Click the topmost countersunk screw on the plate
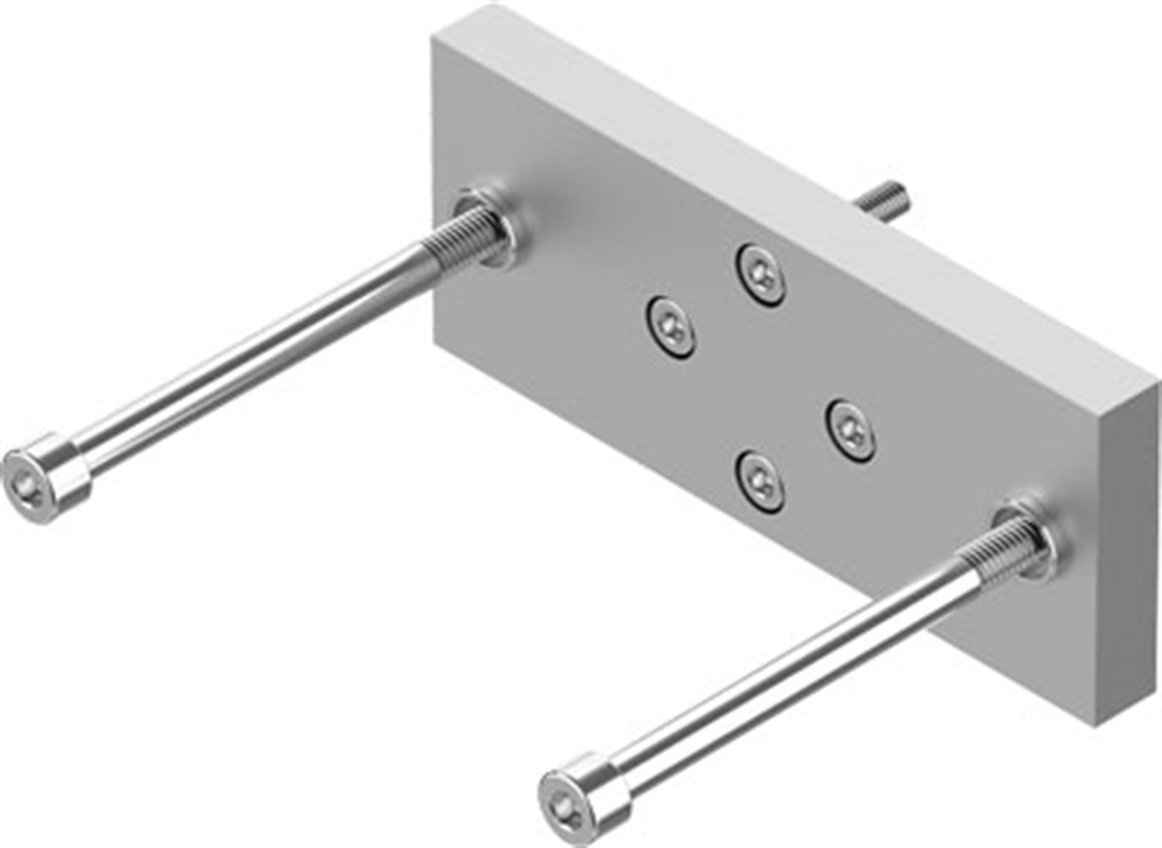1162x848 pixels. click(760, 275)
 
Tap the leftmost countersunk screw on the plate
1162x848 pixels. click(671, 327)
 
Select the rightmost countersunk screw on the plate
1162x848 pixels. click(851, 430)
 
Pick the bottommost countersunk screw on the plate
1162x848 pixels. click(760, 481)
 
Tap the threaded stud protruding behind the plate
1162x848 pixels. click(882, 202)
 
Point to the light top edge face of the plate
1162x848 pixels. click(777, 179)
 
